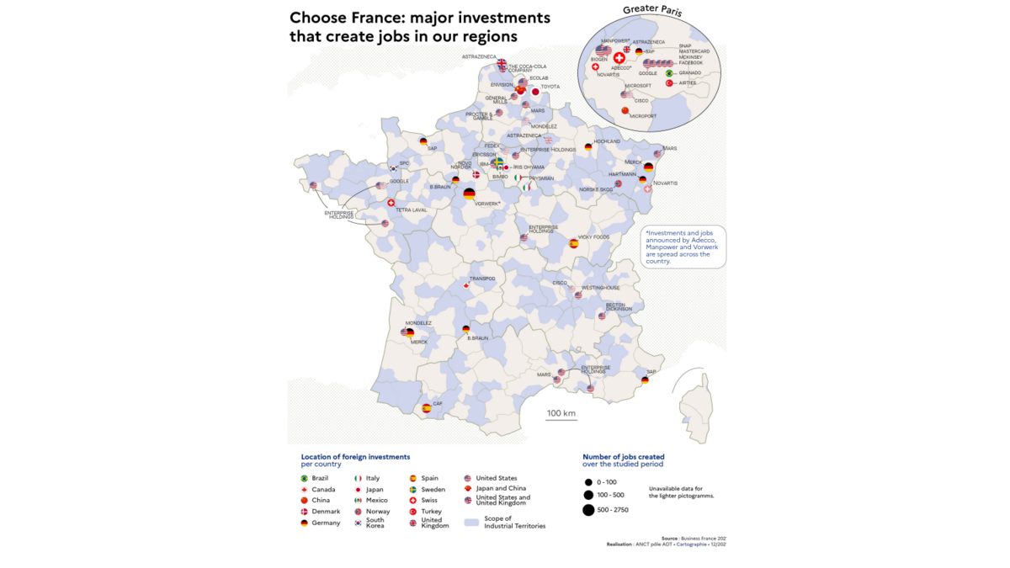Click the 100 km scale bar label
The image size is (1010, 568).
[561, 413]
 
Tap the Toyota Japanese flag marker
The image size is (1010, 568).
[534, 92]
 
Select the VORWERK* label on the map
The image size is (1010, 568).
[489, 204]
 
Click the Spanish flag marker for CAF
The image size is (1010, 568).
[426, 408]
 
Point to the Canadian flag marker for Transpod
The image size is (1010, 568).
[466, 285]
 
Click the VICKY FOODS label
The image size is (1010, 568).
[593, 237]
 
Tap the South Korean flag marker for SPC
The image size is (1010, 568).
[393, 169]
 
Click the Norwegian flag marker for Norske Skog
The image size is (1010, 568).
[618, 183]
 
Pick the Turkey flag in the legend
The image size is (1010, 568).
[412, 512]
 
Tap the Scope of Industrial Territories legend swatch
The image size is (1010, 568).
[471, 523]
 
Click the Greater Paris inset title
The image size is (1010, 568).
[652, 11]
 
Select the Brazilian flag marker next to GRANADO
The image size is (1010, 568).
[669, 73]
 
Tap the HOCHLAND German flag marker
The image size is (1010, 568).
[588, 147]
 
